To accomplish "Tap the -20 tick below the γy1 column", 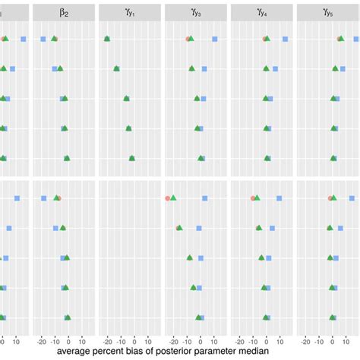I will point(107,340).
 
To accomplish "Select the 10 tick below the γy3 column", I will point(215,340).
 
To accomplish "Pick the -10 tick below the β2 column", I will point(55,340).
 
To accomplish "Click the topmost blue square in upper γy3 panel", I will point(215,39).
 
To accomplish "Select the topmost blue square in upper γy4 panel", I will point(285,39).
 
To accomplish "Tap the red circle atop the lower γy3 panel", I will point(167,198).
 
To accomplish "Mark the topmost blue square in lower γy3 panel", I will point(204,198).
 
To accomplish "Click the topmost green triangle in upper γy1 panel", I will point(107,38).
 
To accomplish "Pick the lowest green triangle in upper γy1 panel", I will point(131,158).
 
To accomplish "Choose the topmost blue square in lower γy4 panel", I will point(279,198).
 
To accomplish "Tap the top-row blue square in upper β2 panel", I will point(43,39).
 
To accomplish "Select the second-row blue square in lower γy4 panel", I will point(272,228).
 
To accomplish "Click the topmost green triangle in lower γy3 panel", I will point(174,198).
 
